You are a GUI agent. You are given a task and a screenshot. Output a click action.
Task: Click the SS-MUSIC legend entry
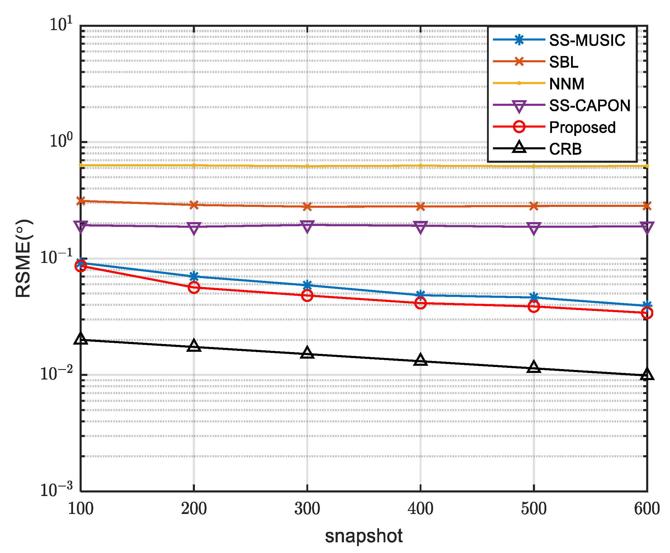(587, 41)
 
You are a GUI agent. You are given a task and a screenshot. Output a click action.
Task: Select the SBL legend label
(563, 62)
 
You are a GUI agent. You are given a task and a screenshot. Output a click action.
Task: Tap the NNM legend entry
(567, 84)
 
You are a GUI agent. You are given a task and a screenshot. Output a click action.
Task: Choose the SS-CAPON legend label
(590, 106)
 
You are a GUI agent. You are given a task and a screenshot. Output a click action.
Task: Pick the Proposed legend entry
(582, 127)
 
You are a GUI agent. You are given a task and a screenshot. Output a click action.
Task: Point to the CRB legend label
(565, 149)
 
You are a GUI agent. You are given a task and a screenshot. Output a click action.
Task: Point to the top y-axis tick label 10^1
(61, 24)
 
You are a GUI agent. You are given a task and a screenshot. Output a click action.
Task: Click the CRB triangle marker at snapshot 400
(420, 360)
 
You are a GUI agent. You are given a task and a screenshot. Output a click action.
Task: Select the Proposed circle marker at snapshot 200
(194, 287)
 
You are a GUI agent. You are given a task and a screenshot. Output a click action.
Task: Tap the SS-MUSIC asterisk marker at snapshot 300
(307, 285)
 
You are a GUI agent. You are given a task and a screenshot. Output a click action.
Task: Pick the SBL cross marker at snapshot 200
(194, 205)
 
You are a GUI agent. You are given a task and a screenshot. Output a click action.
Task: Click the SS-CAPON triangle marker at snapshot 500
(533, 228)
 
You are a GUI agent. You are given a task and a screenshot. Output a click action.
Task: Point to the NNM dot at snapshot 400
(420, 166)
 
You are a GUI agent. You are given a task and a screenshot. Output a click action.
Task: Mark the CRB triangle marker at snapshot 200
(194, 346)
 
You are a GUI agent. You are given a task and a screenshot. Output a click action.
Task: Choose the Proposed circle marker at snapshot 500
(533, 306)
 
